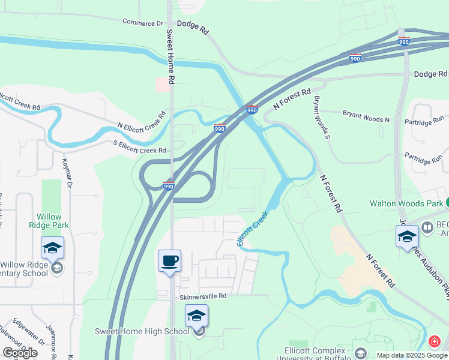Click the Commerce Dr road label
point(143,23)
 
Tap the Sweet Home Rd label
point(170,56)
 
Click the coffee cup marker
point(169,261)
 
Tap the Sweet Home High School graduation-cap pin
point(196,316)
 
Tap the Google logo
point(20,353)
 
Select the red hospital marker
point(433,342)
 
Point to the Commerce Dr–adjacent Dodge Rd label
point(196,28)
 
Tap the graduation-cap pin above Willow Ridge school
point(52,248)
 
